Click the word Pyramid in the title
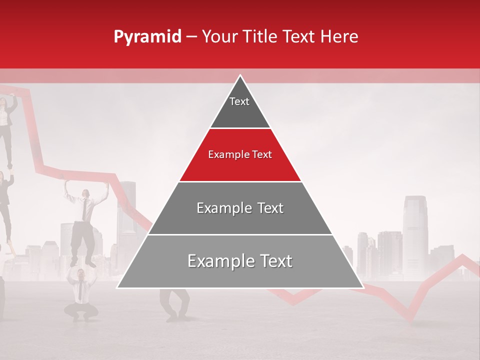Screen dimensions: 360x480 coord(147,37)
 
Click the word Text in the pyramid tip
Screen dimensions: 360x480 coord(239,101)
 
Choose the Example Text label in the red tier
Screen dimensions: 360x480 coord(240,154)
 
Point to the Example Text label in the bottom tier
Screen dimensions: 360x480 coord(240,261)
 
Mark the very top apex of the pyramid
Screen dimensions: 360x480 coord(240,76)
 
